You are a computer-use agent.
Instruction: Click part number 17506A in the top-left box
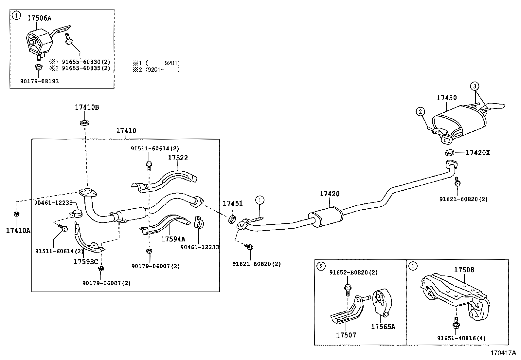(39, 18)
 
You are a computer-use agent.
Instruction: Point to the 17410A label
(18, 231)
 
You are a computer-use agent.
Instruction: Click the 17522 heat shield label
(178, 158)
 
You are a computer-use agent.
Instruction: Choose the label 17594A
(173, 239)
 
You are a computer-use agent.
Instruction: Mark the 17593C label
(86, 261)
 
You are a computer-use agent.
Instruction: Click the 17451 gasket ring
(232, 219)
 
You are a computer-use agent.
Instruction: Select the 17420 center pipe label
(330, 194)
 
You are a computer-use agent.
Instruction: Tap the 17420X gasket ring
(450, 153)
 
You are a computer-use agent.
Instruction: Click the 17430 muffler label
(447, 98)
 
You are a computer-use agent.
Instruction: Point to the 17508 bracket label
(464, 270)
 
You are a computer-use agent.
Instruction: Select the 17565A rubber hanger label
(383, 327)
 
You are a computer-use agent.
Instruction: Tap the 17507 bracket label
(346, 335)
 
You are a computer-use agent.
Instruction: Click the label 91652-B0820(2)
(353, 273)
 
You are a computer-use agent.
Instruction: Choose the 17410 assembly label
(126, 131)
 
